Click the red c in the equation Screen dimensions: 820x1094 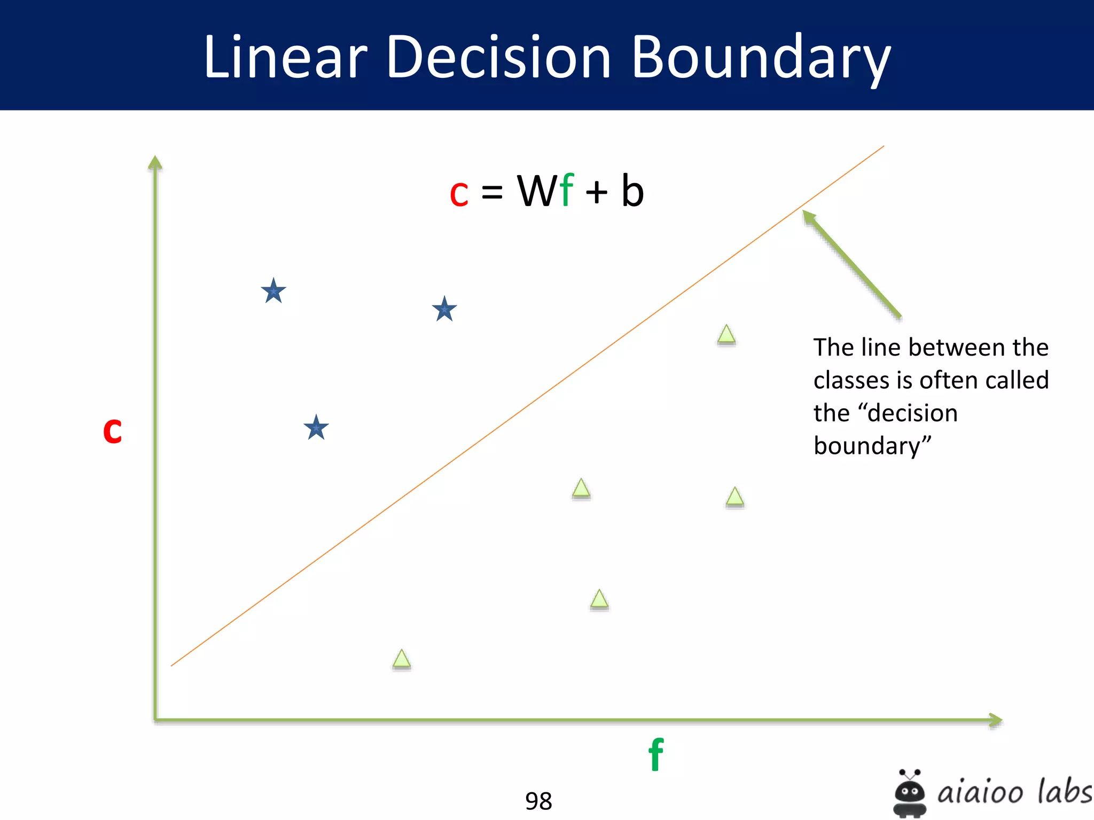459,193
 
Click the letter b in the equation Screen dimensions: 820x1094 632,191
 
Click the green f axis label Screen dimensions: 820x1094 656,754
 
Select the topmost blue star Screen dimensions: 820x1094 273,291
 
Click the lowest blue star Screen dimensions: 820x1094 316,428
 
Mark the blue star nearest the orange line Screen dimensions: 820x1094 444,309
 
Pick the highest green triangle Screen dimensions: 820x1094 726,335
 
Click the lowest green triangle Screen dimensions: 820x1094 402,659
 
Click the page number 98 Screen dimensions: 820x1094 538,801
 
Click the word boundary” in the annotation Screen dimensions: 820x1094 872,446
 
